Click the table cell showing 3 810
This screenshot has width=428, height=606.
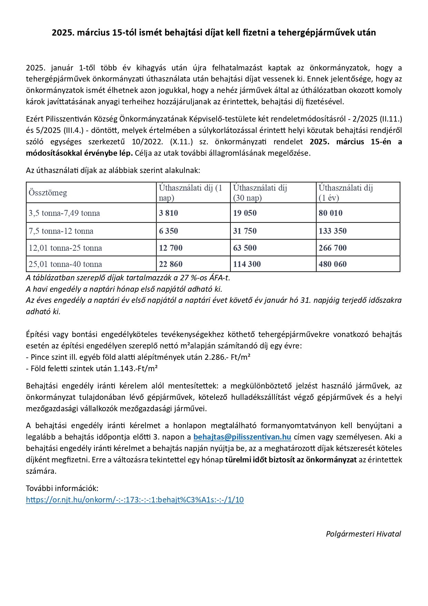coord(169,213)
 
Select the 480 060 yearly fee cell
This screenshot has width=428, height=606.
coord(332,264)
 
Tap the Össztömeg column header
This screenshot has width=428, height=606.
coord(48,193)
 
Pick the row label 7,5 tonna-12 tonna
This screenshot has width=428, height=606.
coord(61,231)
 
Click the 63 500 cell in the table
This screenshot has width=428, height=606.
coord(245,248)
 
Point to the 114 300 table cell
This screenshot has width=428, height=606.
coord(247,264)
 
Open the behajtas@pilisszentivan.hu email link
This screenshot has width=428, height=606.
coord(242,437)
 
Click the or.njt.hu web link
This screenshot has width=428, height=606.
coord(135,500)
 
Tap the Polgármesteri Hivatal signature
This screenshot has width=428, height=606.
coord(364,534)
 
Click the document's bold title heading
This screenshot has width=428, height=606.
coord(214,32)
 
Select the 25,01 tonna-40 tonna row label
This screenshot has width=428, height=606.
coord(66,264)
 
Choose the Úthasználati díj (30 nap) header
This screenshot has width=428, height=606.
coord(260,193)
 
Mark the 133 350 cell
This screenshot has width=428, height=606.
coord(332,231)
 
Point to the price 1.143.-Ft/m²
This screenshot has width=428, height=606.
coord(136,368)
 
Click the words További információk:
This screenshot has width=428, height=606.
coord(62,488)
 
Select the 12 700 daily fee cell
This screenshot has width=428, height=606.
coord(171,248)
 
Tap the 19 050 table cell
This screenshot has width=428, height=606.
coord(245,213)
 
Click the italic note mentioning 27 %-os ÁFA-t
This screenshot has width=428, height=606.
coord(128,278)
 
